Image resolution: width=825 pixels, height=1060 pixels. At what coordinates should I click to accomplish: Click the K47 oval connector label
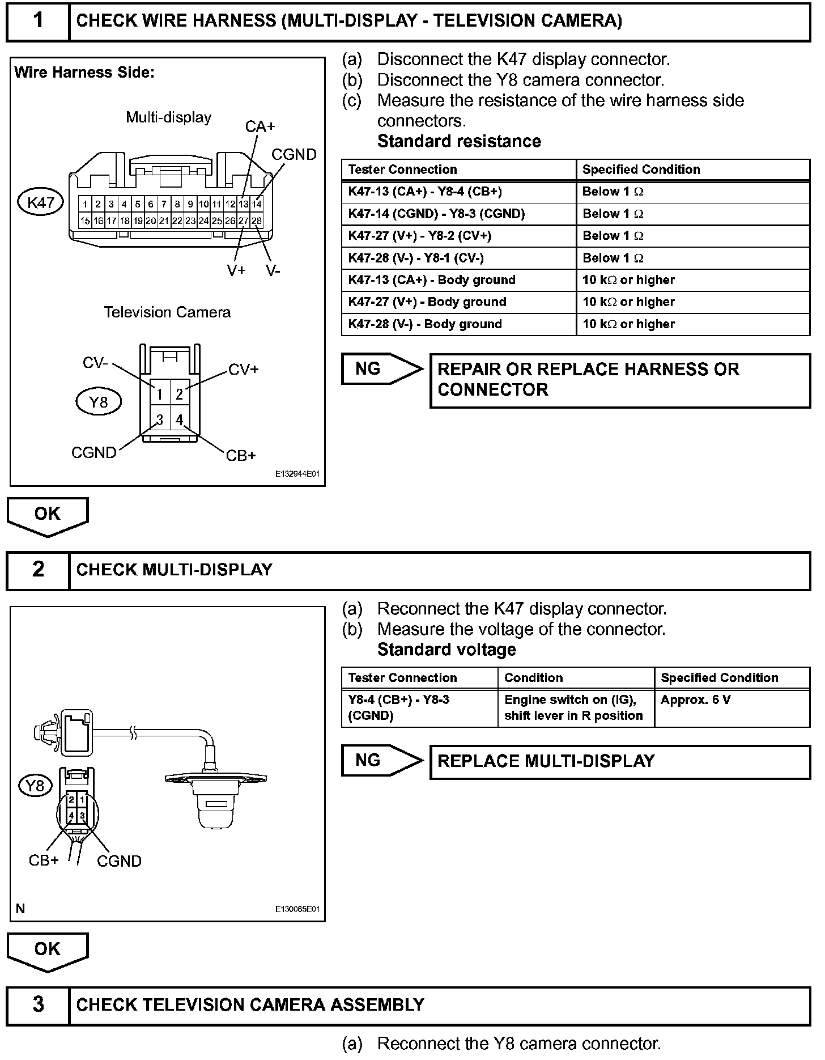coord(41,202)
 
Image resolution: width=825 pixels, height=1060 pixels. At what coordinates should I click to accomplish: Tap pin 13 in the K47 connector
coord(243,204)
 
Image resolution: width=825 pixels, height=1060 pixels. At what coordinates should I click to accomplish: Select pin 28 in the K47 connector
coord(257,221)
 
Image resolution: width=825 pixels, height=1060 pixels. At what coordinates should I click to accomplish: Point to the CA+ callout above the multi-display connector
coord(260,126)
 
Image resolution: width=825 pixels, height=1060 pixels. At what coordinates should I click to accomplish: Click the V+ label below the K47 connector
coord(236,270)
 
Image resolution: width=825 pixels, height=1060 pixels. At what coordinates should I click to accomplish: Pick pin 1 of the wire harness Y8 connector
coord(160,394)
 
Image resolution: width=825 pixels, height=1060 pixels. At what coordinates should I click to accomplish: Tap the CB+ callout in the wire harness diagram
coord(241,455)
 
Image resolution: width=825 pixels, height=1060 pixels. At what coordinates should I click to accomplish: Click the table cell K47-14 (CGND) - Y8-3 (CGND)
coord(436,214)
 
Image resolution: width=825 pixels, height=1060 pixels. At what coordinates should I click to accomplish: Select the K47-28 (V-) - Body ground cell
coord(425,324)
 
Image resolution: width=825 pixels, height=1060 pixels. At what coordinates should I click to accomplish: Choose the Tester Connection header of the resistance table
coord(402,169)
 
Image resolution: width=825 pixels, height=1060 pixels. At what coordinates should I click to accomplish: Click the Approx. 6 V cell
coord(696,700)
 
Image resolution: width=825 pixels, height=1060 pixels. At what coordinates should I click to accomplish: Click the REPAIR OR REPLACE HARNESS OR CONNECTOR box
coord(620,380)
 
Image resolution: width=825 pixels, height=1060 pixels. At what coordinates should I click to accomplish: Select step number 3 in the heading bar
coord(38,1004)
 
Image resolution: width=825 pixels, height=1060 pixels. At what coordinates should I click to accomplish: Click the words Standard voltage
coord(446,650)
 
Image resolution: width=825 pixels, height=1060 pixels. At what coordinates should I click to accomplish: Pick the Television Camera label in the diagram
coord(167,312)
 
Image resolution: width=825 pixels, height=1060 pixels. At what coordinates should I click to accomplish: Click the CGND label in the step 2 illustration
coord(119,861)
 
